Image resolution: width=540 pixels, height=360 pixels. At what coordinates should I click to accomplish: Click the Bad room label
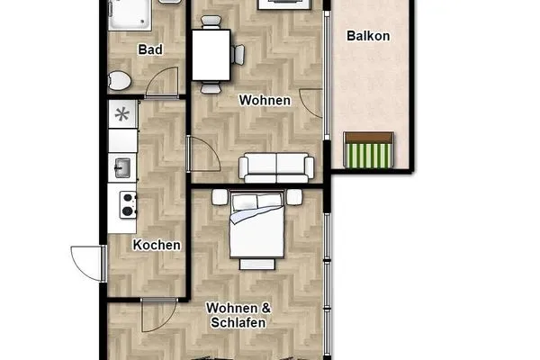pos(149,49)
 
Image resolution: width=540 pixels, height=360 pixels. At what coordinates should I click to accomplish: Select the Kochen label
pos(157,245)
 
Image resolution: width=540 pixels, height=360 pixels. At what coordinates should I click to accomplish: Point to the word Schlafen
pos(238,322)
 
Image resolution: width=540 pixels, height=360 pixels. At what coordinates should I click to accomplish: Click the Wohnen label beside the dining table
pos(265,101)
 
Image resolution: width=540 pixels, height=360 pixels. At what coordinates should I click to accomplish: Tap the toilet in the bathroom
pos(118,81)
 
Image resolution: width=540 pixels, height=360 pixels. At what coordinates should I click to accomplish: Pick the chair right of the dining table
pos(238,54)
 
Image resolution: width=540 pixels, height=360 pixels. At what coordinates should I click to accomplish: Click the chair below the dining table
pos(211,86)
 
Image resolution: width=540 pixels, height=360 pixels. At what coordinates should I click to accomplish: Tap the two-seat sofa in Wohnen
pos(275,166)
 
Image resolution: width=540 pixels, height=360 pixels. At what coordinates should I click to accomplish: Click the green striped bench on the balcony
pos(369,150)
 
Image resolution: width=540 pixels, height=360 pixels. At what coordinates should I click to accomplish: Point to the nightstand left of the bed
pos(219,196)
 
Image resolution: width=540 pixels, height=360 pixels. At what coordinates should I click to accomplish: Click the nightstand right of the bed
pos(294,197)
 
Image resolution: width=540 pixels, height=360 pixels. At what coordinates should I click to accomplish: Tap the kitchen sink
pos(121,167)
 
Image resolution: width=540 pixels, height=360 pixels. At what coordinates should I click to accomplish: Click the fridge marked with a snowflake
pos(121,114)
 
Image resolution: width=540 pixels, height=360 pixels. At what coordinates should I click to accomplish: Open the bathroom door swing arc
pos(162,83)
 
